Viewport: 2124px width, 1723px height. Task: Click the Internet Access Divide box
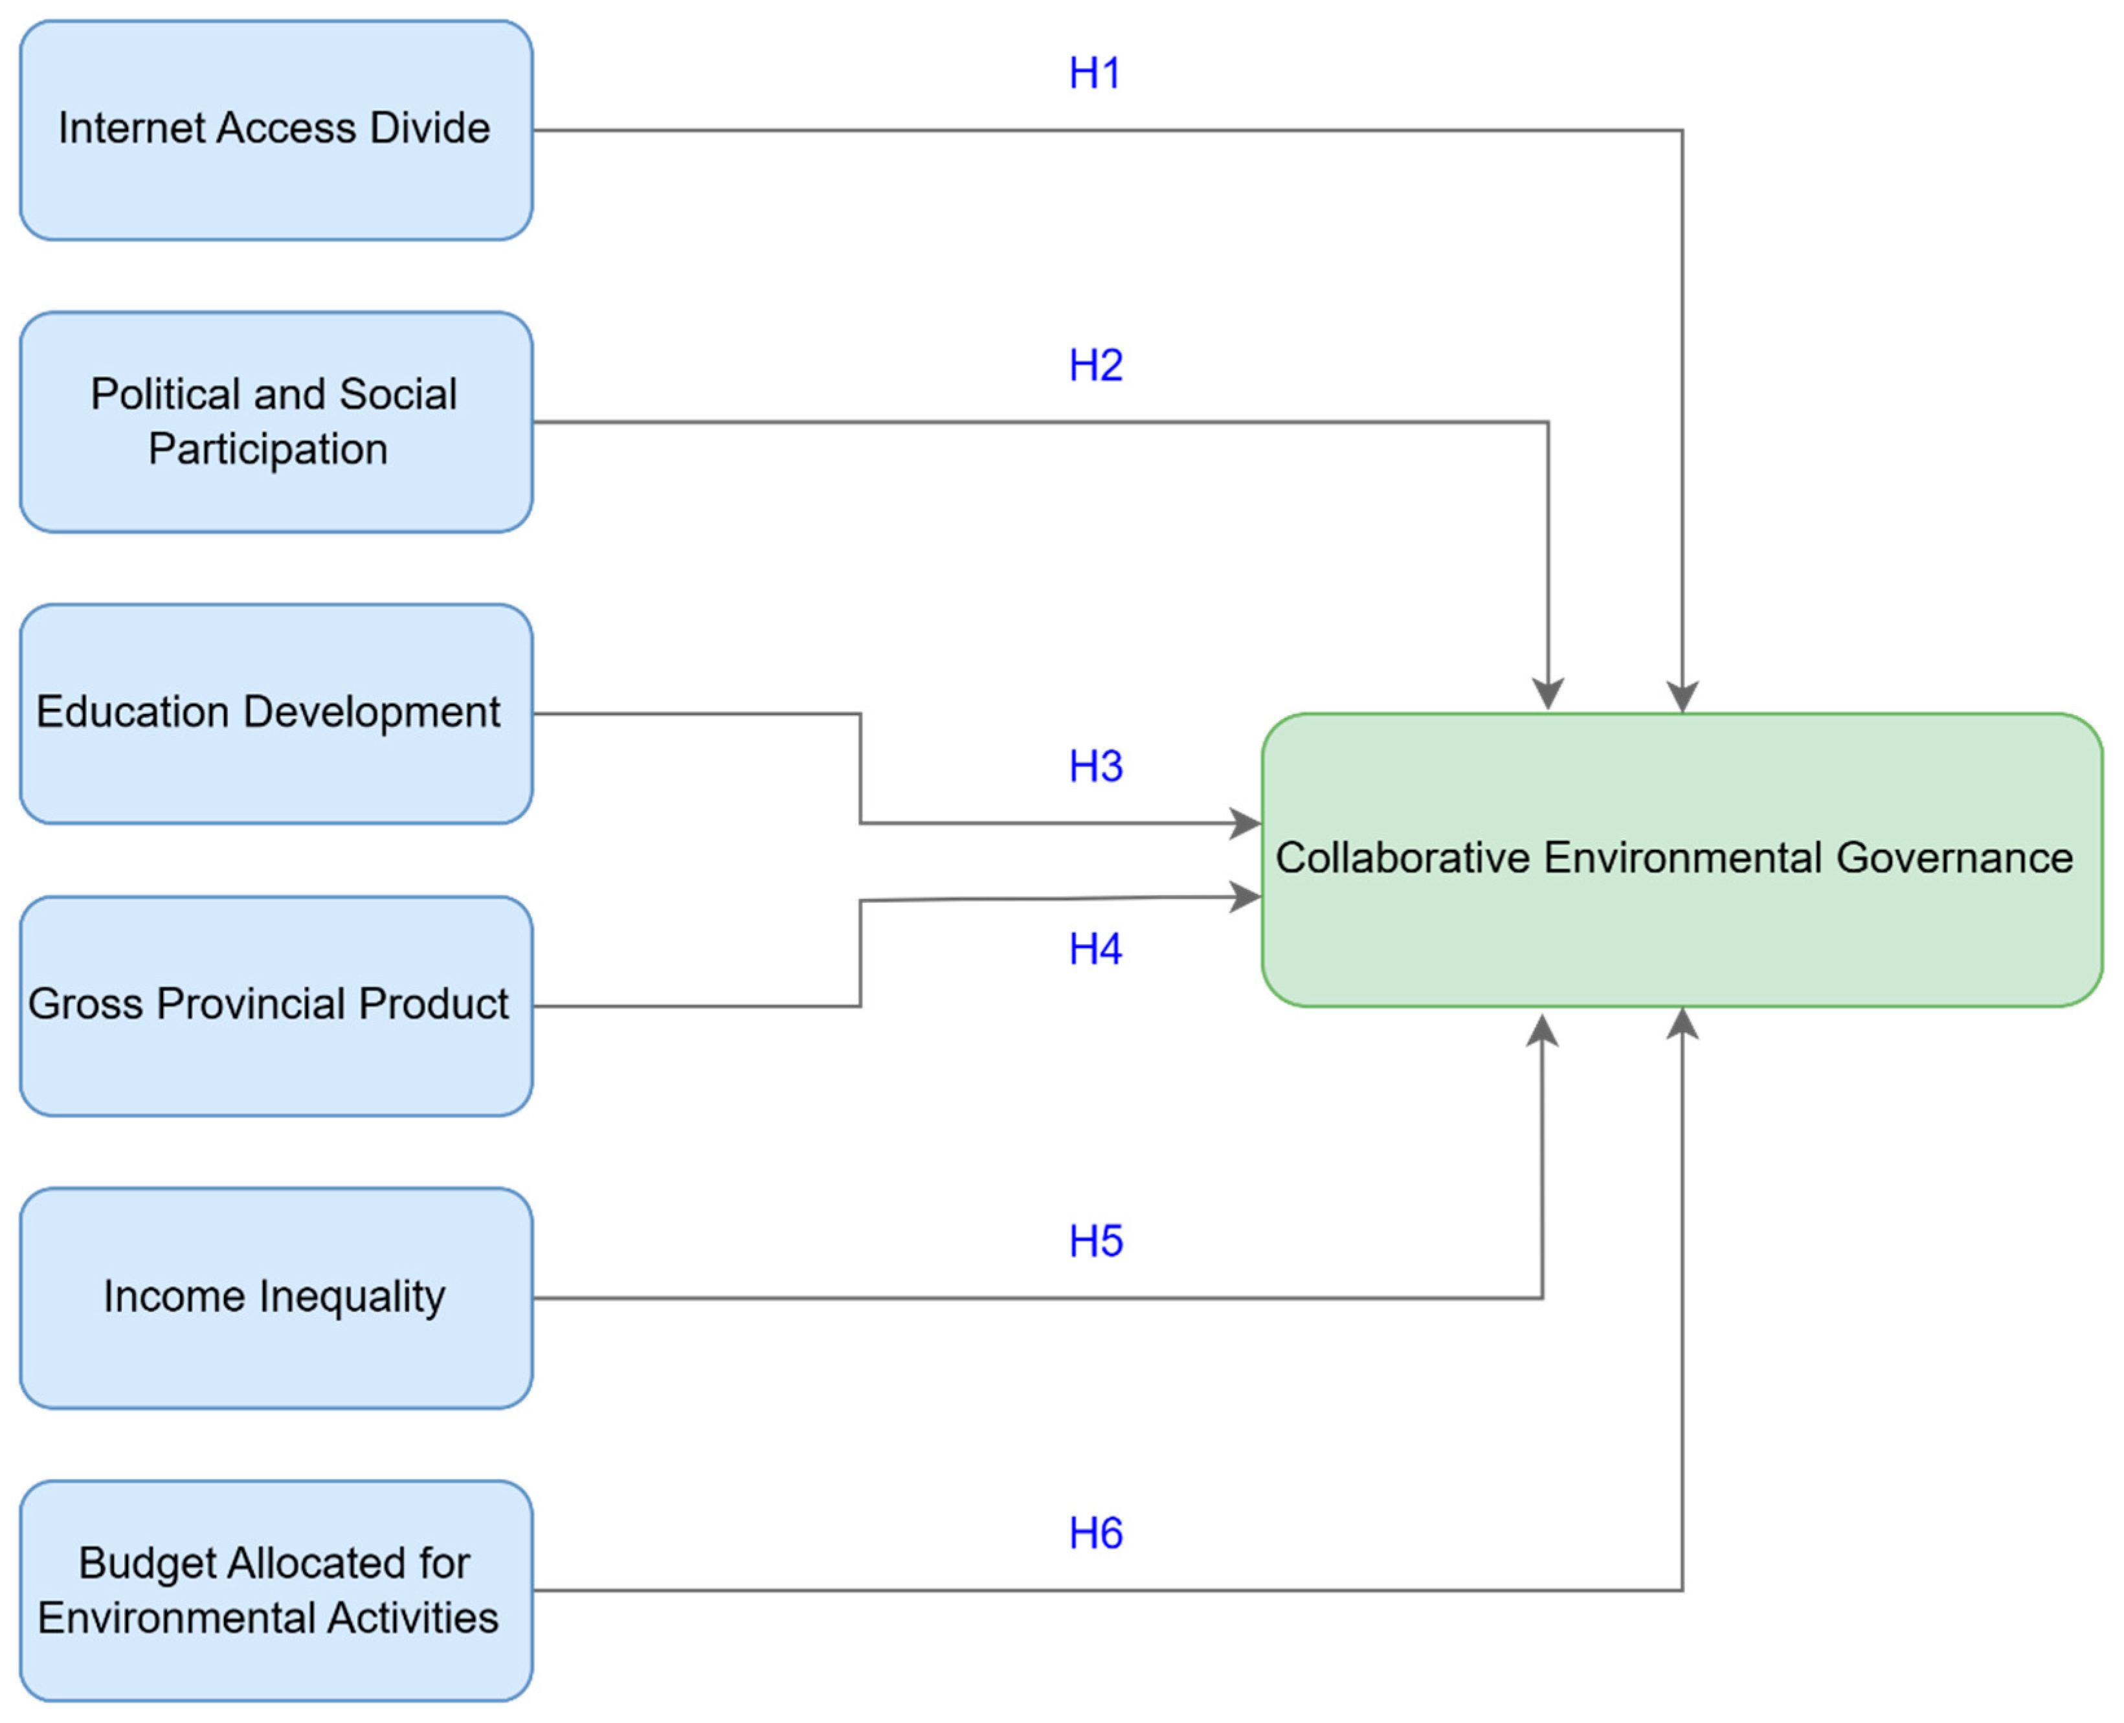(276, 130)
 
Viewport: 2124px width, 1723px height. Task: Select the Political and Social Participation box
(276, 422)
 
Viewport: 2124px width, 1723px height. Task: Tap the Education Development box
(276, 714)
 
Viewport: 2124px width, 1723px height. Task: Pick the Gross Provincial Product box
(276, 1005)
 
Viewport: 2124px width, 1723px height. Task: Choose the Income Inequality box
(276, 1297)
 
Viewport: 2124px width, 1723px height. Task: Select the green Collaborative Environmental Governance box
(1681, 860)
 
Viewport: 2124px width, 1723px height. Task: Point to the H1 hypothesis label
(1095, 73)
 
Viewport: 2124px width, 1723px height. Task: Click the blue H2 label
(1095, 365)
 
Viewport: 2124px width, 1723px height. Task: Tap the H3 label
(1095, 766)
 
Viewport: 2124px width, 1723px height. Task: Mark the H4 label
(1095, 949)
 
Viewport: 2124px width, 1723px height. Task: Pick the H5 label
(1095, 1241)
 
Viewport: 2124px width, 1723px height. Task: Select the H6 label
(1095, 1533)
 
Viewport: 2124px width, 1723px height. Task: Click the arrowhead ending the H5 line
(1541, 1030)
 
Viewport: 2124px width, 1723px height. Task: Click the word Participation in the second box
(268, 449)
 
